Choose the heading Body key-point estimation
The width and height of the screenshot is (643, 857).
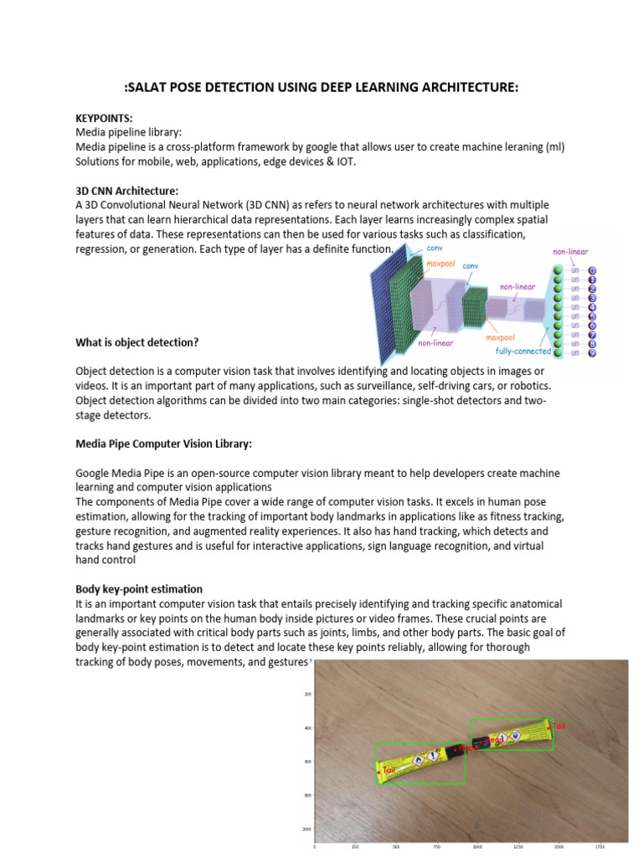(x=139, y=588)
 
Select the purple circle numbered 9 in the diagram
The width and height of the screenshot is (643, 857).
(x=592, y=353)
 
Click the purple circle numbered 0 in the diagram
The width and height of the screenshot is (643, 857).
(x=592, y=271)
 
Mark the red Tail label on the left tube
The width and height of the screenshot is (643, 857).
(x=388, y=768)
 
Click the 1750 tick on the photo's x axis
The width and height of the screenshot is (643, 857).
(x=599, y=846)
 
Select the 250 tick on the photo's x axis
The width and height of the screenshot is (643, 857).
(x=355, y=846)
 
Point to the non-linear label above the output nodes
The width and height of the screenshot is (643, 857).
(x=569, y=251)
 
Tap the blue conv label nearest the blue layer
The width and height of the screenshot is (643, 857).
(x=434, y=248)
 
